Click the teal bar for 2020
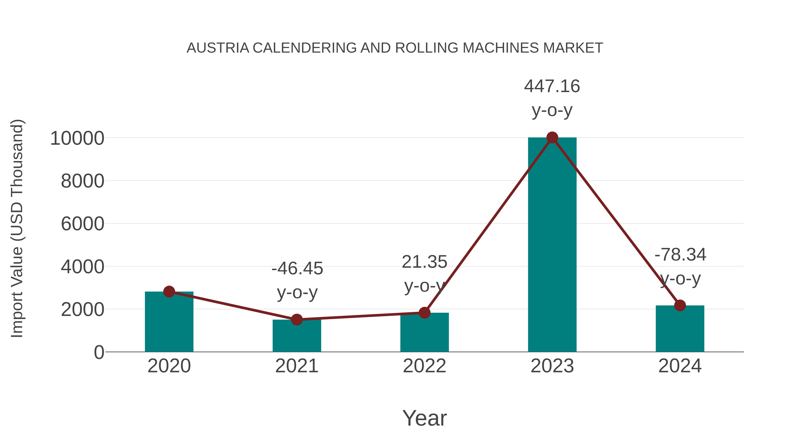click(169, 322)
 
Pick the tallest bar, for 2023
click(552, 245)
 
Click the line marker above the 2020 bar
click(169, 291)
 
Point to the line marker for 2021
click(296, 320)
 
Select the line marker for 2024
click(680, 305)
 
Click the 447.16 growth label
click(552, 86)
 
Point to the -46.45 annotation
click(297, 269)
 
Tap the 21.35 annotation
click(424, 262)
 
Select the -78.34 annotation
click(680, 255)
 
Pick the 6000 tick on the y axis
click(83, 224)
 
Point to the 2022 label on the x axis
click(424, 366)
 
